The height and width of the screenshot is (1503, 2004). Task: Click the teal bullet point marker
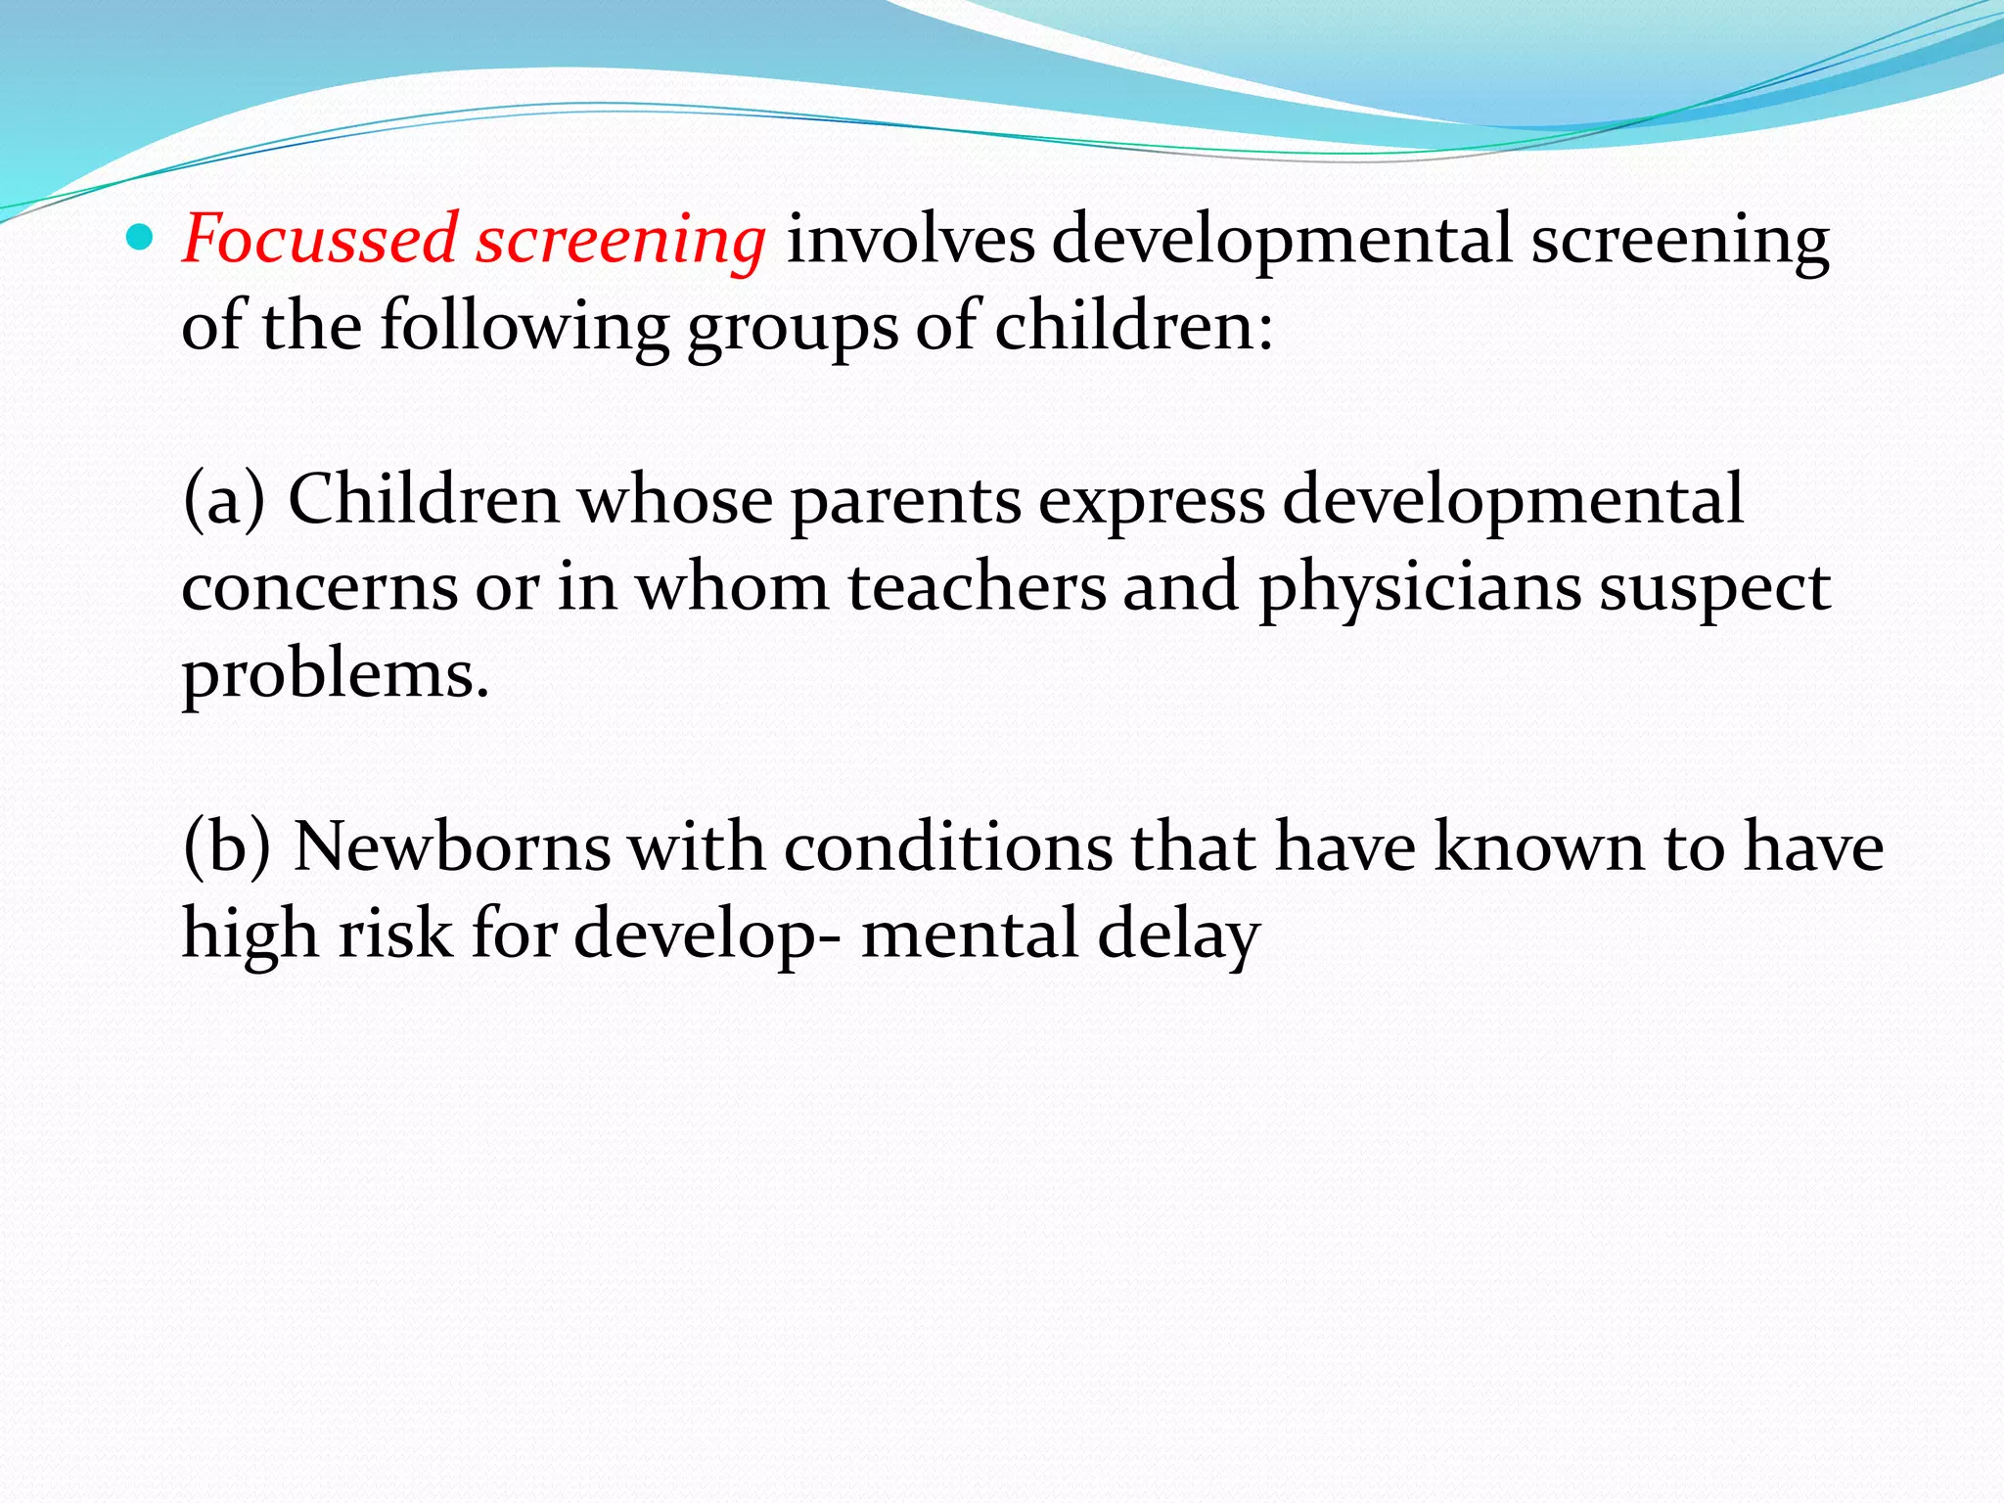point(141,237)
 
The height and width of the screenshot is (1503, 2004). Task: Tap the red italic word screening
point(620,241)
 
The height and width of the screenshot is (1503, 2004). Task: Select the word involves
point(910,239)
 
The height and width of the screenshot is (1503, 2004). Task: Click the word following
point(524,327)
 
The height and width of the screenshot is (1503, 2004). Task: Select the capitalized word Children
point(424,499)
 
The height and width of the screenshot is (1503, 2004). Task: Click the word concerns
point(320,587)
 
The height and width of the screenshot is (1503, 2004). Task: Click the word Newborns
point(452,847)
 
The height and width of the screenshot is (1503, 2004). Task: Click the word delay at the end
point(1178,935)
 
